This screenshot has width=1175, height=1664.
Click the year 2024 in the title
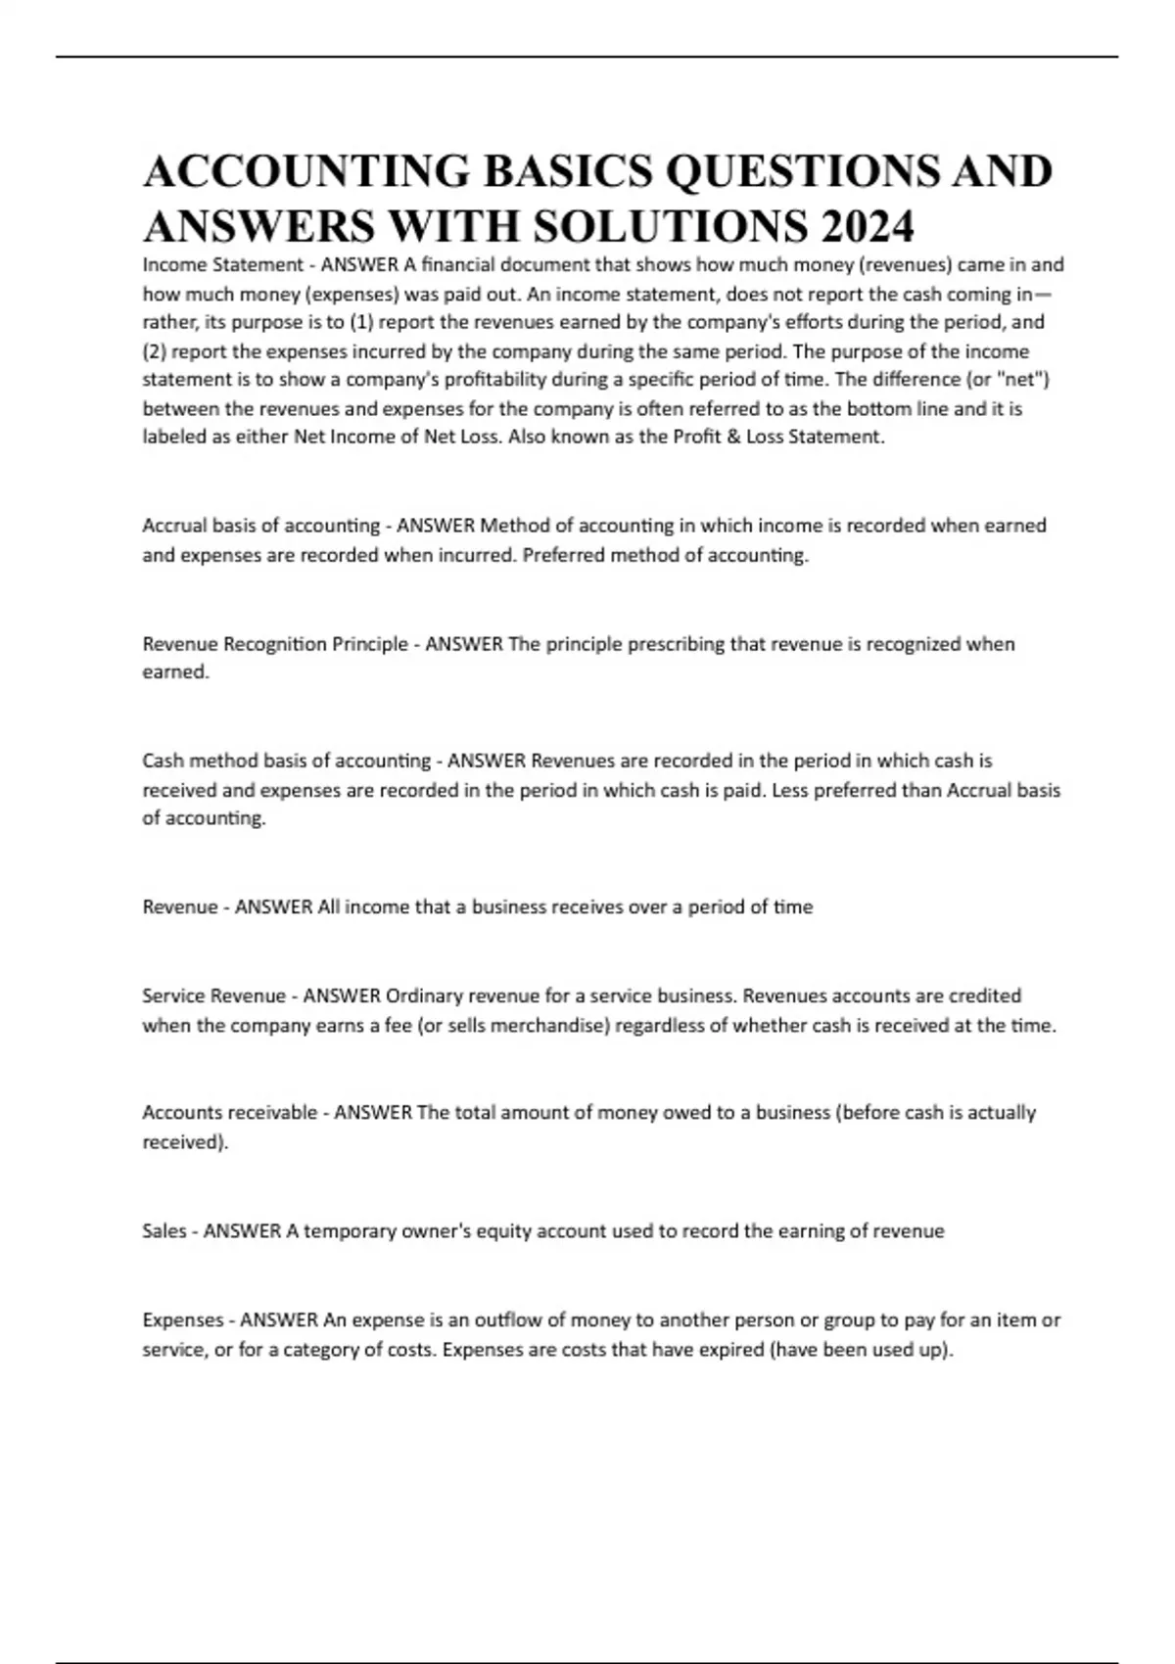tap(868, 226)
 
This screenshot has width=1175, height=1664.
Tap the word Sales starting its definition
tap(164, 1230)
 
